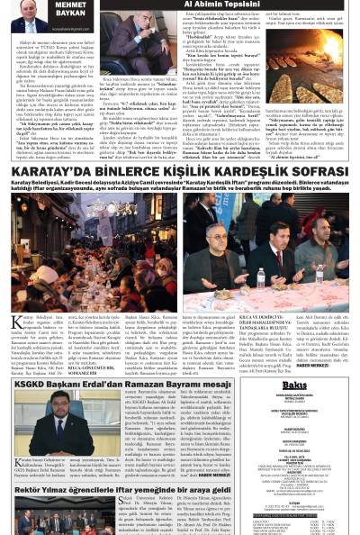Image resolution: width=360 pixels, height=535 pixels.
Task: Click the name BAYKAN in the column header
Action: (70, 15)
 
